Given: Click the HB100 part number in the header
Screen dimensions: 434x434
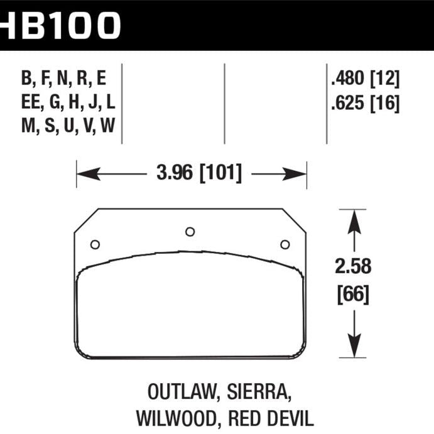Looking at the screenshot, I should point(60,25).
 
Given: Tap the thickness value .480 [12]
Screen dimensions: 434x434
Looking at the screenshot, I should point(364,79).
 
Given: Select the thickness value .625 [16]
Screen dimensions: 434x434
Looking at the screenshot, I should point(364,102).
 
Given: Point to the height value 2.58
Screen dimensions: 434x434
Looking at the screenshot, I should point(354,267).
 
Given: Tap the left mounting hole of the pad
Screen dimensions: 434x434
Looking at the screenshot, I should point(95,244).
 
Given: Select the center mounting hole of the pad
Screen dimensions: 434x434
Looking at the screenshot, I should point(190,232).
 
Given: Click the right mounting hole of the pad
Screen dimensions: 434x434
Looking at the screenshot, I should point(285,244).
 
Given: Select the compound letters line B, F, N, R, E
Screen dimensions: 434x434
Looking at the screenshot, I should point(63,79).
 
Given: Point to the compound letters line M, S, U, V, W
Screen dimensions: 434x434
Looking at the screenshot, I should point(68,126).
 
